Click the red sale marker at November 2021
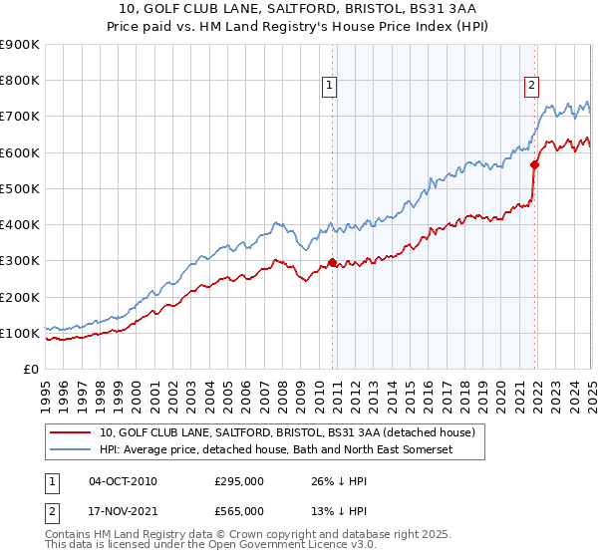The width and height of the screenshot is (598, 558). point(535,165)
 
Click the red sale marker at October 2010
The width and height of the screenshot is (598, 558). point(332,263)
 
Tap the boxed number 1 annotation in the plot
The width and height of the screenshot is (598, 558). point(329,87)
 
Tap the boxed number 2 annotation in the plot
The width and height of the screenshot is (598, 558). point(532,87)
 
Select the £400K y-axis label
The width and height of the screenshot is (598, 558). point(20,225)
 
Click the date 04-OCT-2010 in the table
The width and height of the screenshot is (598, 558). point(123,481)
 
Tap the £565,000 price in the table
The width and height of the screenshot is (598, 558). point(238,510)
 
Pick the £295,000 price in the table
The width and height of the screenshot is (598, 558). point(238,481)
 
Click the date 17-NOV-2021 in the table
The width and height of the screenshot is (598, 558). point(123,510)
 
